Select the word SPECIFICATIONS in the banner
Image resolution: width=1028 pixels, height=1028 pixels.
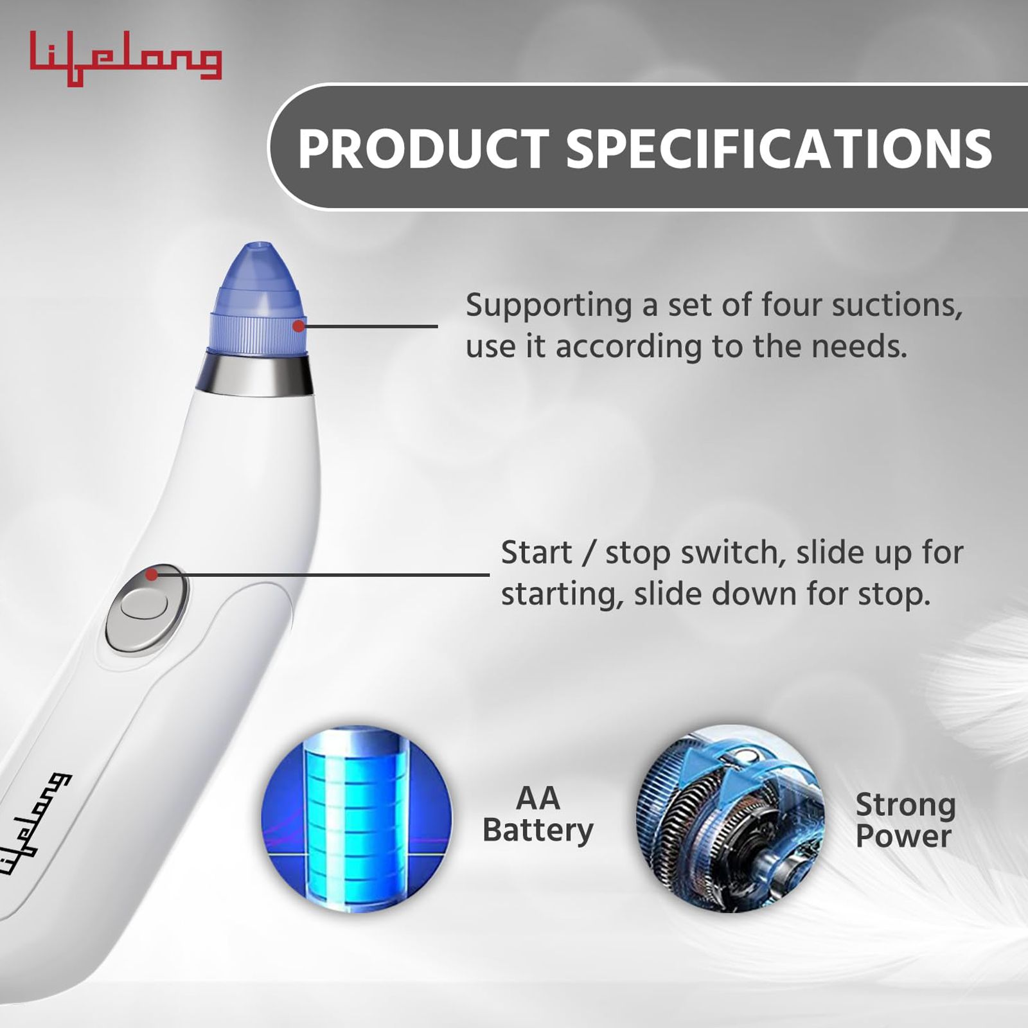point(779,149)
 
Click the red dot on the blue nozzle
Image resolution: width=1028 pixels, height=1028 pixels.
point(299,326)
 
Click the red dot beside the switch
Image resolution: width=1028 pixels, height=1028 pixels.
point(152,574)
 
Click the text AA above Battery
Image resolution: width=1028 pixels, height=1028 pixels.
point(538,799)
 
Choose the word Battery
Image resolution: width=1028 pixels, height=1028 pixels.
point(538,831)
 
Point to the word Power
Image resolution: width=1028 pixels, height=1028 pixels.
point(903,836)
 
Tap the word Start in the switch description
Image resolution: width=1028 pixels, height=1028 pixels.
point(536,553)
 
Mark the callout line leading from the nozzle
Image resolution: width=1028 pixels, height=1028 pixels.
point(368,326)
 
